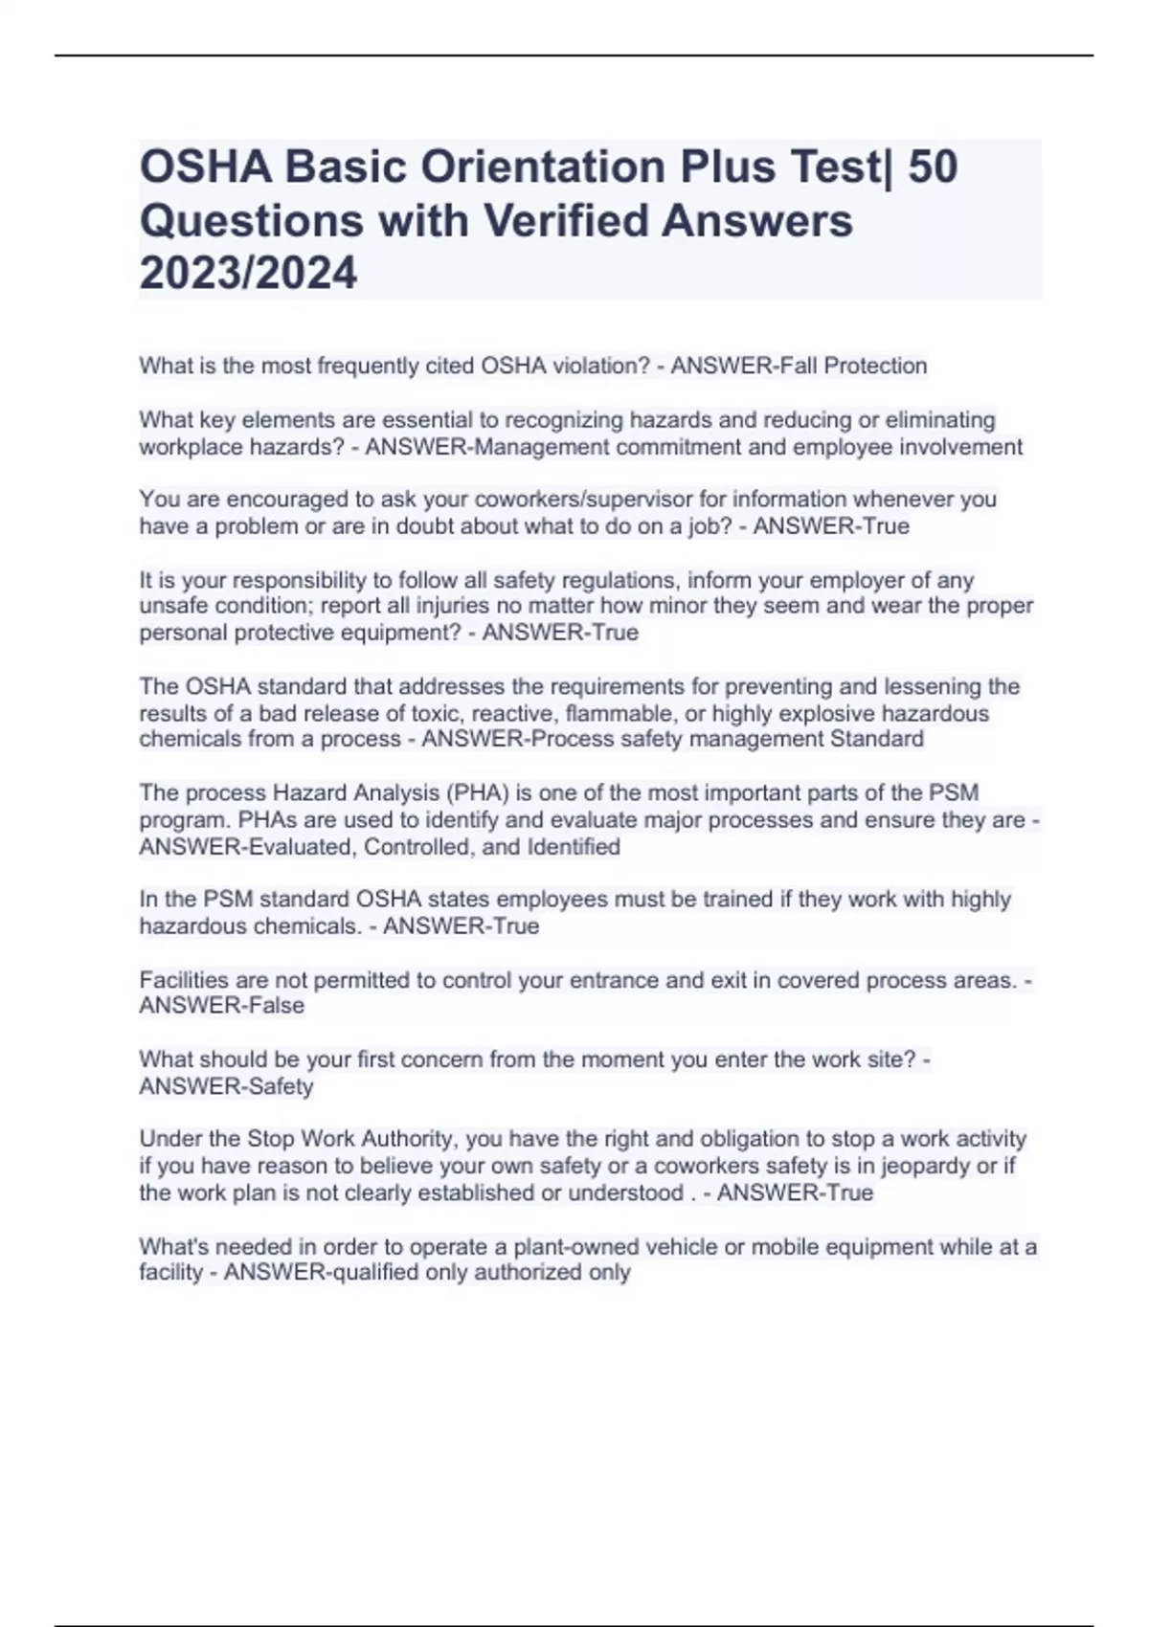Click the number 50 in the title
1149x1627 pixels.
[932, 167]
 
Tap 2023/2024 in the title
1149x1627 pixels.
[248, 273]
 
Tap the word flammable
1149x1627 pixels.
[619, 713]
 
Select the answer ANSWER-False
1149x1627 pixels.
[222, 1006]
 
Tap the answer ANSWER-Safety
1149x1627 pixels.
[226, 1086]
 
